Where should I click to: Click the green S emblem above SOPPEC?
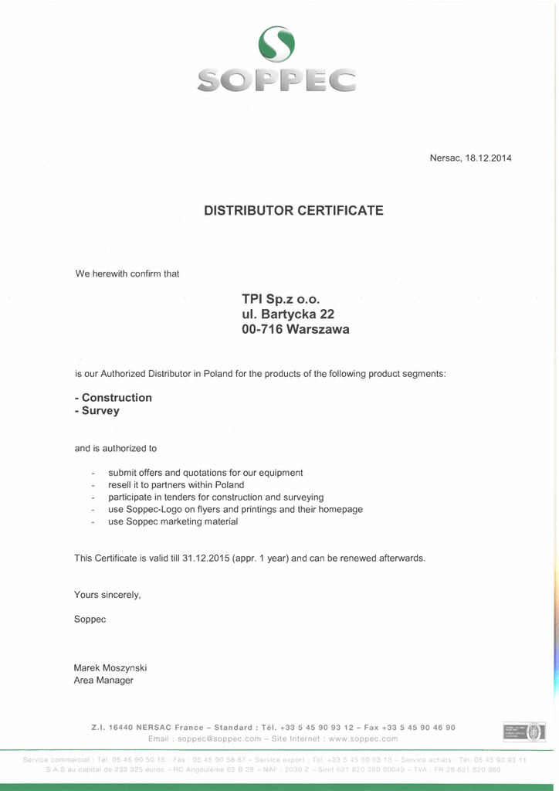click(x=276, y=44)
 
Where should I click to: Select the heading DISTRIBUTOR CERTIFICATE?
click(x=293, y=210)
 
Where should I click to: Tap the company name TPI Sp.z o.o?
click(x=280, y=299)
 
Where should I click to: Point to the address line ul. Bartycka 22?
click(x=288, y=314)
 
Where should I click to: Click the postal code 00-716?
click(x=262, y=330)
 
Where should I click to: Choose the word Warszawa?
click(x=317, y=330)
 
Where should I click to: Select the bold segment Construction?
click(x=117, y=398)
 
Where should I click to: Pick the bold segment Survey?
click(x=100, y=411)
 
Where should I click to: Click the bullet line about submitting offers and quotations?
click(x=205, y=473)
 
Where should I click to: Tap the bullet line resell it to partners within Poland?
click(x=176, y=485)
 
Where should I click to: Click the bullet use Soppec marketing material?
click(x=173, y=522)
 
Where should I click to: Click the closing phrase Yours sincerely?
click(x=107, y=595)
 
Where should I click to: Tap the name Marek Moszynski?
click(x=110, y=668)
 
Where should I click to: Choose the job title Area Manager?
click(x=103, y=681)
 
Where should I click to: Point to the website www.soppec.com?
click(x=364, y=739)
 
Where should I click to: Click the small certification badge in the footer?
click(x=524, y=732)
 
